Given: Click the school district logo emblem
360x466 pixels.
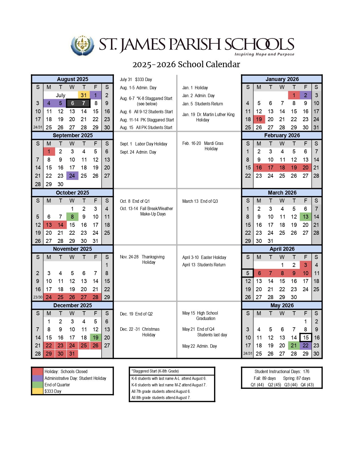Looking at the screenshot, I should [82, 45].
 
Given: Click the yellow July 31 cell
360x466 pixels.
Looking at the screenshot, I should [84, 95].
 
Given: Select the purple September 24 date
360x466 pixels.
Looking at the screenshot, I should [72, 176].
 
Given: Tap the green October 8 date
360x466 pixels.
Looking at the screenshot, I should [72, 217].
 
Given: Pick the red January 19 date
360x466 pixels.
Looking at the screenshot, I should [259, 119].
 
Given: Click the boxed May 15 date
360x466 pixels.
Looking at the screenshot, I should [306, 337].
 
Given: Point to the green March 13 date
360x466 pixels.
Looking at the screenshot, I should [306, 217].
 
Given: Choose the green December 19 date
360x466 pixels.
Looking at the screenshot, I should [95, 337].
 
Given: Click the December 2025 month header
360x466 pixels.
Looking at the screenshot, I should [73, 305].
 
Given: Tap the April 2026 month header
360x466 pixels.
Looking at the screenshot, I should [282, 249].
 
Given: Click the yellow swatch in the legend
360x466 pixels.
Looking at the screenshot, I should [37, 391].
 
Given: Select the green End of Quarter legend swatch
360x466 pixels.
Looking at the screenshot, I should [37, 385].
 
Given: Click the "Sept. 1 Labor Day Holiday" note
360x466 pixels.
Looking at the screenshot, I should [143, 144].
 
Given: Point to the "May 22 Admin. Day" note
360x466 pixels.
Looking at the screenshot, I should [199, 346].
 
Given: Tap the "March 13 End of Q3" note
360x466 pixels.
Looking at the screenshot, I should [200, 201].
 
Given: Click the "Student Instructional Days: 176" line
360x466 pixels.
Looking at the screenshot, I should [282, 371].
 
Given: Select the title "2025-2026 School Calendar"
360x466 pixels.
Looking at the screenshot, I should [186, 64].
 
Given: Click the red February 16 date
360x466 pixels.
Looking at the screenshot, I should [259, 167].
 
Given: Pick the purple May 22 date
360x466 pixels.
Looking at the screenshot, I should [306, 345].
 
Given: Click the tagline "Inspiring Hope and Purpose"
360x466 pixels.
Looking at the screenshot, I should [264, 54].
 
